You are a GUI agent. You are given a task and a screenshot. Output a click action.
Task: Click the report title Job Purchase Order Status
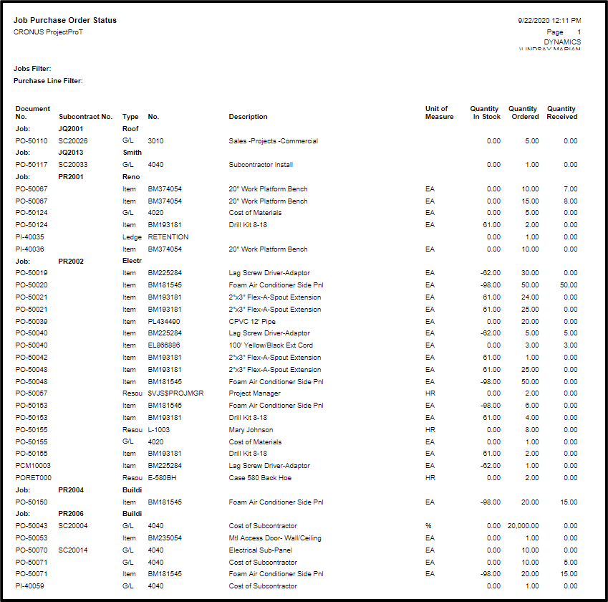[x=65, y=20]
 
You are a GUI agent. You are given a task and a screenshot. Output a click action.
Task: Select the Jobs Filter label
[x=32, y=69]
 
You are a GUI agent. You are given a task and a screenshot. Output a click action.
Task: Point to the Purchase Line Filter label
[x=48, y=81]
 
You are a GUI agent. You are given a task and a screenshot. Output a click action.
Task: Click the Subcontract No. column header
[x=86, y=117]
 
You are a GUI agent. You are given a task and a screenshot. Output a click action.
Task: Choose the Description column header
[x=248, y=117]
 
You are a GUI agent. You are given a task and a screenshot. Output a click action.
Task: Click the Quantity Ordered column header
[x=523, y=113]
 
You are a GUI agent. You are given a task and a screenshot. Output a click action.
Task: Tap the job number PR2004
[x=71, y=490]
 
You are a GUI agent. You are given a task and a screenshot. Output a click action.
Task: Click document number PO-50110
[x=32, y=141]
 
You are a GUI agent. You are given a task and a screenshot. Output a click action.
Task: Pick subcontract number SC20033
[x=73, y=165]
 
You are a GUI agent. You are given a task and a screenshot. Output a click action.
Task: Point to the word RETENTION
[x=168, y=237]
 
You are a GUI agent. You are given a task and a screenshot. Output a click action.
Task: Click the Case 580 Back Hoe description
[x=260, y=478]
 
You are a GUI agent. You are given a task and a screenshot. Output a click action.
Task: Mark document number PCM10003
[x=33, y=466]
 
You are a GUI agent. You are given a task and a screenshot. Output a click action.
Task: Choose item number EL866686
[x=165, y=345]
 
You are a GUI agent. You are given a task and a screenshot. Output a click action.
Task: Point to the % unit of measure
[x=428, y=526]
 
